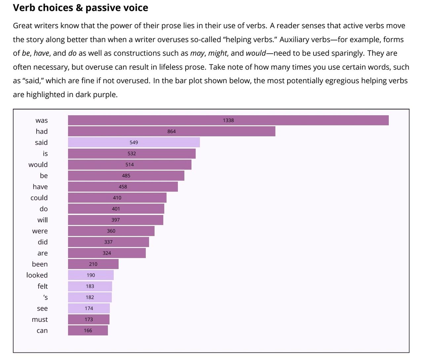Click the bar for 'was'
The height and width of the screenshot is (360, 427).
pyautogui.click(x=228, y=120)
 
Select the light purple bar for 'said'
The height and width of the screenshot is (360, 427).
pyautogui.click(x=134, y=142)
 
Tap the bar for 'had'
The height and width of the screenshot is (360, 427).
pyautogui.click(x=172, y=131)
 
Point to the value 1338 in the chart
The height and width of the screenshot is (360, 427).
pyautogui.click(x=228, y=121)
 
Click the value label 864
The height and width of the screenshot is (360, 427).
pyautogui.click(x=172, y=131)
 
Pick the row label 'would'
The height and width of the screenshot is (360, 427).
pyautogui.click(x=38, y=164)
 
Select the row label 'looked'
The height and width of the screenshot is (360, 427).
pyautogui.click(x=37, y=275)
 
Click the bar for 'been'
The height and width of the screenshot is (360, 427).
pyautogui.click(x=93, y=264)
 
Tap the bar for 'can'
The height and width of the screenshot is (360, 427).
pyautogui.click(x=88, y=330)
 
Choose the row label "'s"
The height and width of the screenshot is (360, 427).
pyautogui.click(x=46, y=297)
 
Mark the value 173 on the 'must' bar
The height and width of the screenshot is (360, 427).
pyautogui.click(x=89, y=319)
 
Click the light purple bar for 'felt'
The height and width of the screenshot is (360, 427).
pyautogui.click(x=90, y=286)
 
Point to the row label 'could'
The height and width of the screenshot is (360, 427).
pyautogui.click(x=39, y=198)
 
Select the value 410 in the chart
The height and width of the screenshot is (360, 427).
pyautogui.click(x=117, y=198)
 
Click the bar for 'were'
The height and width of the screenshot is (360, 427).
pyautogui.click(x=111, y=231)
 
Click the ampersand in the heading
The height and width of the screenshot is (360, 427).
pyautogui.click(x=79, y=8)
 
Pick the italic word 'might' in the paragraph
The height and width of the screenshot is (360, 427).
pyautogui.click(x=217, y=54)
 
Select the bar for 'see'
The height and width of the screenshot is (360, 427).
pyautogui.click(x=89, y=308)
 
